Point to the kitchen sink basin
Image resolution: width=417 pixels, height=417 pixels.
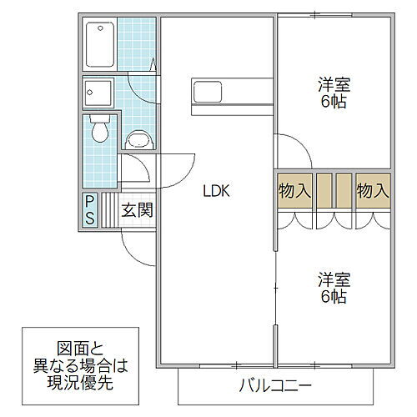[207, 90]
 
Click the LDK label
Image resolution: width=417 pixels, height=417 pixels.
[214, 190]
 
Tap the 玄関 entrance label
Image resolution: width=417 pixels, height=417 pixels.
[138, 209]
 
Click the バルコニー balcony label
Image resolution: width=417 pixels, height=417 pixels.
[276, 385]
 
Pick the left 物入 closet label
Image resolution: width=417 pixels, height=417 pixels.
[294, 190]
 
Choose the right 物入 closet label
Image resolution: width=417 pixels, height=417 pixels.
[373, 190]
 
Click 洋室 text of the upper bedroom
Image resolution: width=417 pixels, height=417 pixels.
[332, 84]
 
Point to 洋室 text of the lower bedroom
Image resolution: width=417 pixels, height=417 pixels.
[332, 278]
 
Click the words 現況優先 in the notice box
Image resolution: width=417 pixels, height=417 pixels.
[79, 385]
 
